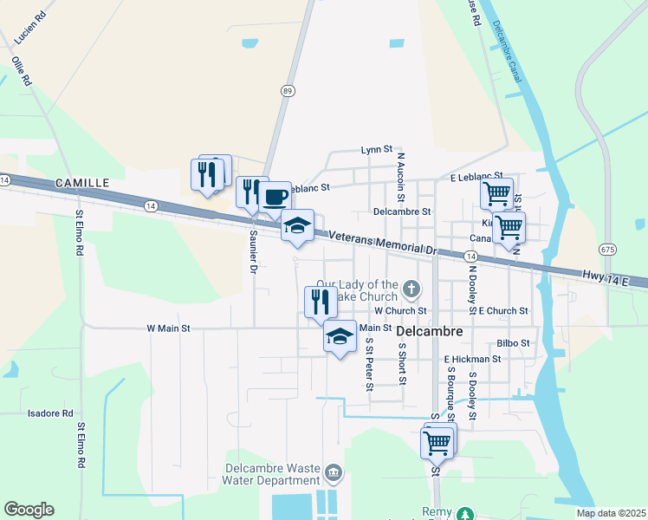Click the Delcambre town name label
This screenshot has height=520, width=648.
(431, 331)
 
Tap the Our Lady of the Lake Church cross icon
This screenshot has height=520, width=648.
(412, 288)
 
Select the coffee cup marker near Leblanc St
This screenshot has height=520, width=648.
(275, 196)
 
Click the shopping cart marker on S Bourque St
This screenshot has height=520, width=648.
(437, 443)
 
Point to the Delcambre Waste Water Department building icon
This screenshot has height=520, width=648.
(334, 473)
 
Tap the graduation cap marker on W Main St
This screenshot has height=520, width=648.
(340, 336)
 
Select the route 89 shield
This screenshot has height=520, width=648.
(287, 90)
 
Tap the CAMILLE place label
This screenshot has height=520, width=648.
(82, 183)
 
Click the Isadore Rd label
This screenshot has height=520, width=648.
(50, 413)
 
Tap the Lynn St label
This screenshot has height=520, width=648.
(377, 150)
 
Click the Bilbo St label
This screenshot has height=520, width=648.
(513, 343)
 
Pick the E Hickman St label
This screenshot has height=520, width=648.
(472, 358)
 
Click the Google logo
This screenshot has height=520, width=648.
(29, 510)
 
